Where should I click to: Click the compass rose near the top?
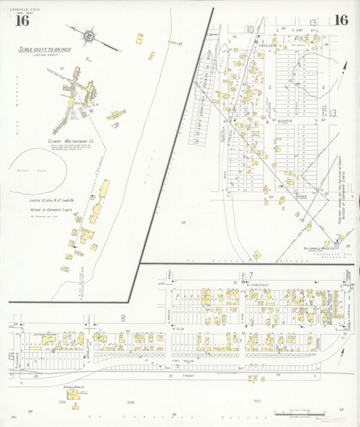click(x=88, y=34)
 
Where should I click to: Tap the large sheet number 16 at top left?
click(x=22, y=20)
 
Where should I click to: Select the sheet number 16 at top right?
click(x=340, y=20)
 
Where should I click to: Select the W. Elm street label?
click(x=178, y=329)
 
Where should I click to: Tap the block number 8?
click(x=124, y=317)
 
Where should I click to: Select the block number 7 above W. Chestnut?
click(x=250, y=275)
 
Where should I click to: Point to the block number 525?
click(x=62, y=403)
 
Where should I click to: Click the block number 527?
click(x=257, y=401)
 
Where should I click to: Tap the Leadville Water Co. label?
click(x=315, y=248)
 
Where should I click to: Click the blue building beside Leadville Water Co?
click(x=337, y=243)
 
